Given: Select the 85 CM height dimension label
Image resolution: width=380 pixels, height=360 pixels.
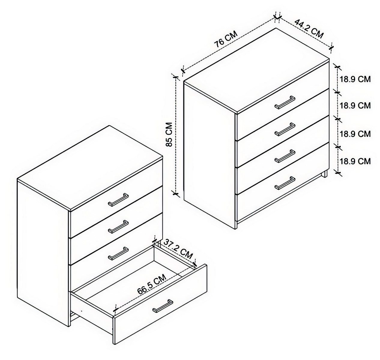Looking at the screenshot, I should coord(170,134).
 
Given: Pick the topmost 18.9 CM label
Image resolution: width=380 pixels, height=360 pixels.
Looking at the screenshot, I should coord(355,79).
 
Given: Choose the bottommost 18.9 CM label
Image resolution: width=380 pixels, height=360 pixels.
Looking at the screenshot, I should coord(355,161).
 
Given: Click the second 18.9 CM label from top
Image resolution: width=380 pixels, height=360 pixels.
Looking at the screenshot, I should coord(355,106).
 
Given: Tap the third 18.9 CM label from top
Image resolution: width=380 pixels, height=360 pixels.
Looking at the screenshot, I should coord(355,134).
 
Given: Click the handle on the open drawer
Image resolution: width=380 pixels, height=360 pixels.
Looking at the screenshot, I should coord(163,306).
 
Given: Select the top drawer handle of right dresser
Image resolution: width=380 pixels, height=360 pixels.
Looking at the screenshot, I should coord(285,102).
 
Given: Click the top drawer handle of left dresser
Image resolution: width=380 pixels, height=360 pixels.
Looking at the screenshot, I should coord(118,199).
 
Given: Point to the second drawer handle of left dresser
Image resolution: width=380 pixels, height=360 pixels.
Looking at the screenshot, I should coord(118,226).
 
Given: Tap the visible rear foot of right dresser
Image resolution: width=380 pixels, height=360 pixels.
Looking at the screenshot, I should coord(325,175).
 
